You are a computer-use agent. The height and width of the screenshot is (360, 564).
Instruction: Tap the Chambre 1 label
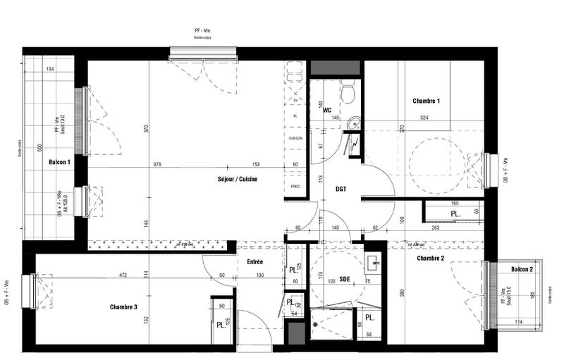pyautogui.click(x=426, y=101)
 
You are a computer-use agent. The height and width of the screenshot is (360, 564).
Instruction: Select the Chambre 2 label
pyautogui.click(x=430, y=259)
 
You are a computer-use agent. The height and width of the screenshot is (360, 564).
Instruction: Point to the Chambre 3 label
pyautogui.click(x=123, y=307)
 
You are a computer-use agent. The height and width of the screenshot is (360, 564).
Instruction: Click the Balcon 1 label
pyautogui.click(x=59, y=163)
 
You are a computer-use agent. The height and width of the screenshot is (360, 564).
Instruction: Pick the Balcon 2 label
pyautogui.click(x=522, y=270)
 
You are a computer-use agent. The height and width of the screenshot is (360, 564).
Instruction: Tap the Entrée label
pyautogui.click(x=255, y=262)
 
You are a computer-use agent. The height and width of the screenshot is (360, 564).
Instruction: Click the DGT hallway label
pyautogui.click(x=341, y=188)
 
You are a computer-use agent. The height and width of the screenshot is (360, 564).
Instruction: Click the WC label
pyautogui.click(x=327, y=111)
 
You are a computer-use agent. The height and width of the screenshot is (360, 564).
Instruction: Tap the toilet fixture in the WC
pyautogui.click(x=346, y=91)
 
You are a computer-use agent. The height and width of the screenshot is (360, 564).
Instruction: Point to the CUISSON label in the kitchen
pyautogui.click(x=295, y=138)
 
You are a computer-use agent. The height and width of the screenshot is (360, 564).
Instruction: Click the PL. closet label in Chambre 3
pyautogui.click(x=221, y=325)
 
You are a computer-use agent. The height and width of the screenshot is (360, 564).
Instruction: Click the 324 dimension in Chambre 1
pyautogui.click(x=425, y=118)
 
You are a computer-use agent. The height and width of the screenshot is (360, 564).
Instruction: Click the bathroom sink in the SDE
pyautogui.click(x=374, y=265)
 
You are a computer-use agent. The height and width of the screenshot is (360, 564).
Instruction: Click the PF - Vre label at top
pyautogui.click(x=203, y=31)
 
